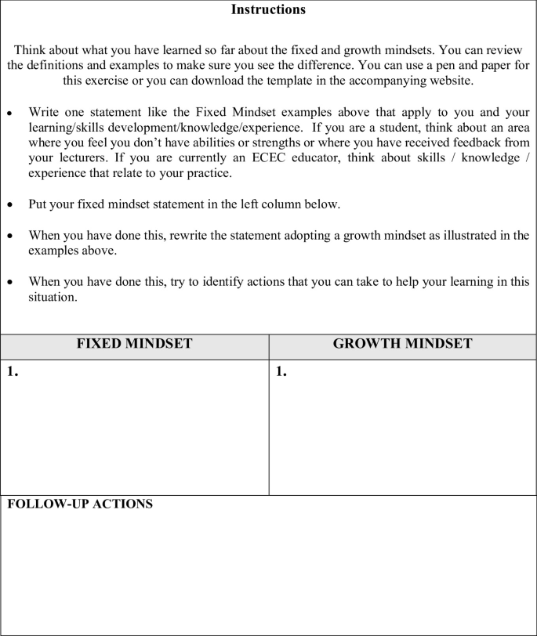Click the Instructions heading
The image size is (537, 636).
coord(269,10)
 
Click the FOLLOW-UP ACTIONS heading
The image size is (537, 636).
coord(80,504)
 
